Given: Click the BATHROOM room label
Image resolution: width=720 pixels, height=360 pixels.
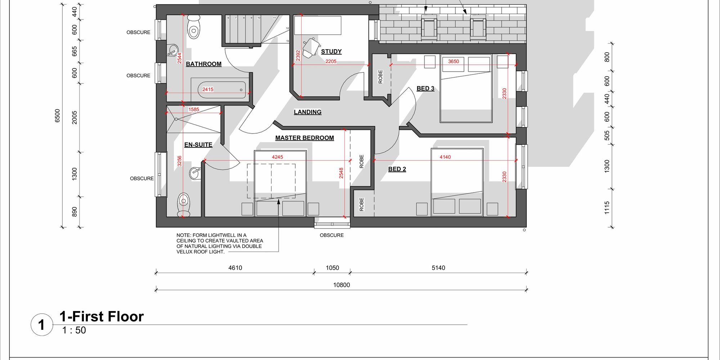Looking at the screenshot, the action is click(x=203, y=64).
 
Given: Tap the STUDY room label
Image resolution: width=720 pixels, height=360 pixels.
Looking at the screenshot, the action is click(x=331, y=51).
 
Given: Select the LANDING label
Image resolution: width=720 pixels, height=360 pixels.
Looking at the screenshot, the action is click(x=307, y=112).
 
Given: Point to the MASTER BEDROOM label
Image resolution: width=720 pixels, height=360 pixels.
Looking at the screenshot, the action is click(x=305, y=138).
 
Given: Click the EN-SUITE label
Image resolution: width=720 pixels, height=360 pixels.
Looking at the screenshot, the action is click(x=198, y=145).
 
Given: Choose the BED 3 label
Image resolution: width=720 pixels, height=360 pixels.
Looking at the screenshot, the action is click(x=425, y=89).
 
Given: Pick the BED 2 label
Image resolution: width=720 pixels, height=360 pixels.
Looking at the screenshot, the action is click(x=397, y=169).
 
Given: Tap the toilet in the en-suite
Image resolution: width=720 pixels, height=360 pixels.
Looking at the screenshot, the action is click(x=184, y=204).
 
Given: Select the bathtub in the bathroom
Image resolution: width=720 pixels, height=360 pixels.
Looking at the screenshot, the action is click(x=218, y=90).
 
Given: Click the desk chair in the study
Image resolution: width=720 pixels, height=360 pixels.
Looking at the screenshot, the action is click(x=311, y=48).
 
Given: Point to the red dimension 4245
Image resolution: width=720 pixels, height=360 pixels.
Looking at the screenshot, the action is click(x=277, y=157).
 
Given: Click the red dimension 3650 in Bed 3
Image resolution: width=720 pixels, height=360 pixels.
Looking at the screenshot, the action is click(x=453, y=62).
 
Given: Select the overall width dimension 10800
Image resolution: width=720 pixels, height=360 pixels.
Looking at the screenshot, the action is click(x=341, y=285).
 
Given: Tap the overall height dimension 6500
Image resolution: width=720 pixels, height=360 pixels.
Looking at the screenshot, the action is click(x=58, y=116).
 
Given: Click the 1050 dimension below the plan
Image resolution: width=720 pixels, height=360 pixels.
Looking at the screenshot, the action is click(x=332, y=268).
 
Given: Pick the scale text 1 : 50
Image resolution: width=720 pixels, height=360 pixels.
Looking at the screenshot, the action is click(x=74, y=330).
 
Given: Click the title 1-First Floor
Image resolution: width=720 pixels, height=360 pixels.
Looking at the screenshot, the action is click(x=102, y=316).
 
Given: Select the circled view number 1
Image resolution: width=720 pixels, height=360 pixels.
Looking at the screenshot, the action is click(x=42, y=325).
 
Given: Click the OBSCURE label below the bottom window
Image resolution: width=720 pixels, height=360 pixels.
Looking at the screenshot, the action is click(x=332, y=235).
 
